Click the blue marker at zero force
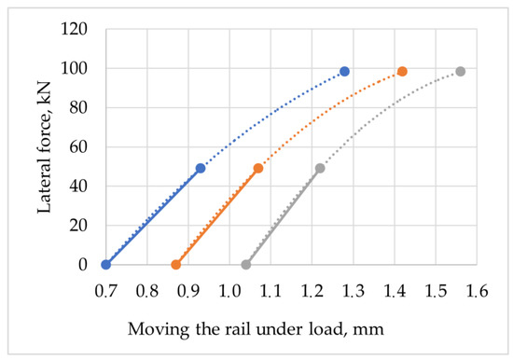coord(105,265)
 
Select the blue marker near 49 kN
coord(201,169)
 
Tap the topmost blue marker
coord(344,72)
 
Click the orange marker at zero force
coord(175,265)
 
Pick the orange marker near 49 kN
coord(258,169)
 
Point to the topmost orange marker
coord(402,72)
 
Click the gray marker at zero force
coord(246,265)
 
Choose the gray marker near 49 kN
coord(320,169)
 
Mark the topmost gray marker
coord(460,72)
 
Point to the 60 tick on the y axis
coord(78,147)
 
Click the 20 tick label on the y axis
coord(78,226)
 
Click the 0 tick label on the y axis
coord(82,265)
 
